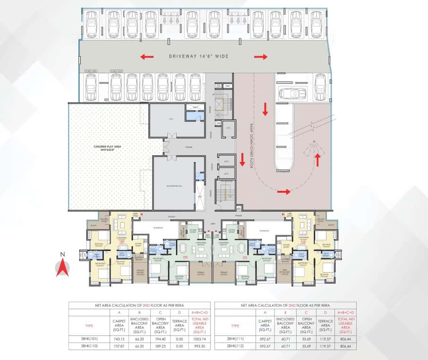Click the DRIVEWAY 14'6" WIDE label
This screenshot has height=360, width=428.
(199, 57)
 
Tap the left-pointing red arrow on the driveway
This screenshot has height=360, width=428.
(146, 57)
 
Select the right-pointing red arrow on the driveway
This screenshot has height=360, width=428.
(261, 57)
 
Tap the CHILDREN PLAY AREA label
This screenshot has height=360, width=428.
(107, 147)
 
